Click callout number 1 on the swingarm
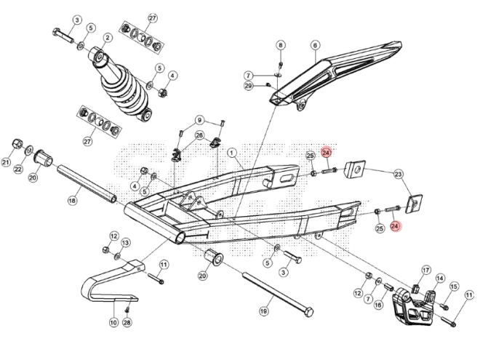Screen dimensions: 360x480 [x=233, y=153]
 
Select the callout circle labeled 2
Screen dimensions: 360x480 [x=107, y=37]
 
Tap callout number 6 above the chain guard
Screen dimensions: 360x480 [x=315, y=45]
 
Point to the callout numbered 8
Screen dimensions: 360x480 [x=281, y=45]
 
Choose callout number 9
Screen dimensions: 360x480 [x=199, y=120]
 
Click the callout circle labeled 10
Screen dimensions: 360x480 [x=113, y=322]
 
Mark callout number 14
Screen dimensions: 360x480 [x=439, y=278]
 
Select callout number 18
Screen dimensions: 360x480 [x=73, y=199]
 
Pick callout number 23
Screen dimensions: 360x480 [x=398, y=174]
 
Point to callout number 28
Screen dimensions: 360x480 [x=127, y=322]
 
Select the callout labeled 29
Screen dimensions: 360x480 [x=248, y=87]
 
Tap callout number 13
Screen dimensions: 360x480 [x=125, y=242]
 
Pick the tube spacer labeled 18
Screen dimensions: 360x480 [x=87, y=186]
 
